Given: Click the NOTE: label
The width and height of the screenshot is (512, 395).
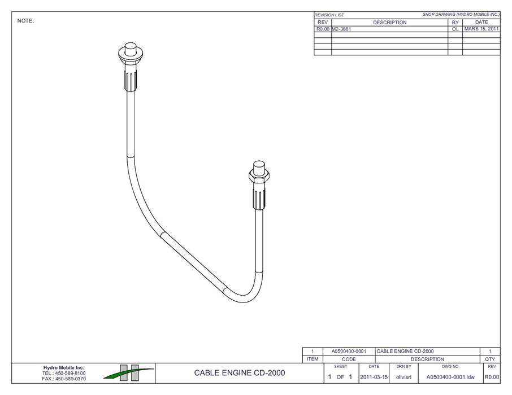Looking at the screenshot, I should pos(26,21).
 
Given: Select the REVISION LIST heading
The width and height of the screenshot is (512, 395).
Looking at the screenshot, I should pos(329,15).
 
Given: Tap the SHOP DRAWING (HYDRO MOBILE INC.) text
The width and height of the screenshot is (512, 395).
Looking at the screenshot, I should pos(461,14).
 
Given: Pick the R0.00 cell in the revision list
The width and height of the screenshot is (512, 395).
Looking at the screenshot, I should pos(323,29).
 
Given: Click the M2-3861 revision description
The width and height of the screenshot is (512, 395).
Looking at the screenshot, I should pos(341,29).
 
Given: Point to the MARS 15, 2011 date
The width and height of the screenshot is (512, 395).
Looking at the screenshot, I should pos(481,29).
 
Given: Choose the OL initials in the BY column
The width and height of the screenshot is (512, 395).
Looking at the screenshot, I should pos(455,29).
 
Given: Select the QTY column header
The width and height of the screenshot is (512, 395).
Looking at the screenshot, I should pos(490,359).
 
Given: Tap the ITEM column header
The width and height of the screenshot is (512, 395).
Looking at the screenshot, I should pos(313,359).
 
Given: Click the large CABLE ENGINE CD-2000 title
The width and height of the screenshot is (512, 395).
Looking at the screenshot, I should pos(240,373).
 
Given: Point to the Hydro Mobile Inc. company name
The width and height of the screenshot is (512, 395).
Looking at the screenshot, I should pos(64,368).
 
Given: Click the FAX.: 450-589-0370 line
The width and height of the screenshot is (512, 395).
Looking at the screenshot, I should pos(64,379).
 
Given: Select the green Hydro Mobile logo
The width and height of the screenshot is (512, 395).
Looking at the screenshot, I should pos(128,372).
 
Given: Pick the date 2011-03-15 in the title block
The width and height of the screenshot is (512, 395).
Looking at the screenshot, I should pos(374,376).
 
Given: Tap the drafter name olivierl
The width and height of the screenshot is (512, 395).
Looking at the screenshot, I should pos(403,376).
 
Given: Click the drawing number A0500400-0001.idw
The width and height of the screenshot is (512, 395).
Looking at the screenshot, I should pos(450,376).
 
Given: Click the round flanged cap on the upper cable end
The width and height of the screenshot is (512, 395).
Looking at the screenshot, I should pos(131,55).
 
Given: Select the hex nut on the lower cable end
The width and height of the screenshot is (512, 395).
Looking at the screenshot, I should pos(259,176).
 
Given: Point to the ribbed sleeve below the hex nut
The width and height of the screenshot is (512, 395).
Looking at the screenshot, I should pos(259,198).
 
